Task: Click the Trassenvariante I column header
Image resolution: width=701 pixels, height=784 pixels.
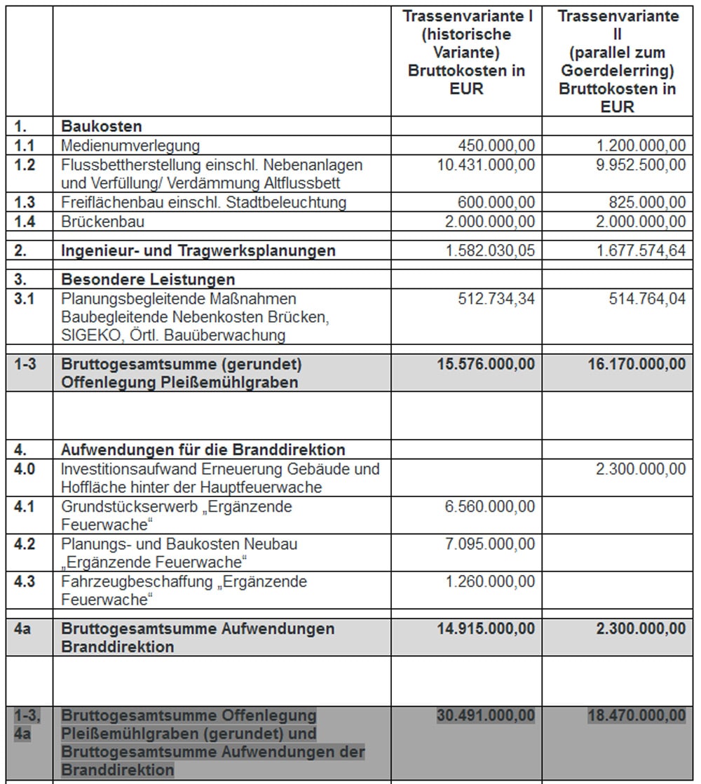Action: point(467,53)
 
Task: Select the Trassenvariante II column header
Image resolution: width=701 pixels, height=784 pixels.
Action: point(618,62)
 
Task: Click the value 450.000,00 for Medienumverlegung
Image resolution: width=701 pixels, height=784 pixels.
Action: point(496,146)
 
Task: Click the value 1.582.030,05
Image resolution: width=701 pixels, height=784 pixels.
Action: point(491,250)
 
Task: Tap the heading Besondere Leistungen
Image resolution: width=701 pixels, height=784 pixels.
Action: point(148,280)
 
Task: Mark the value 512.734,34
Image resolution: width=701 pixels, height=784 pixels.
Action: point(496,299)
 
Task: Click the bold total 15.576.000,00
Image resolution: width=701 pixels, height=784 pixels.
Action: point(485,365)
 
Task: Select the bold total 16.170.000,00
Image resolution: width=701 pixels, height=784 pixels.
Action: point(637,365)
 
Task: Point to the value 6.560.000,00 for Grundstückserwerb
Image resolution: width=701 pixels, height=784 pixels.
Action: point(490,506)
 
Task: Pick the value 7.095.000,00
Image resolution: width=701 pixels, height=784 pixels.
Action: point(490,544)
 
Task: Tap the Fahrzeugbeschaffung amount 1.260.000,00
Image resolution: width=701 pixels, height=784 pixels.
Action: point(490,582)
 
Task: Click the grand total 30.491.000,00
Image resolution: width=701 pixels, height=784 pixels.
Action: point(485,715)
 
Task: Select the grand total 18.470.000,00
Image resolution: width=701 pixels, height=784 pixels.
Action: point(637,715)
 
